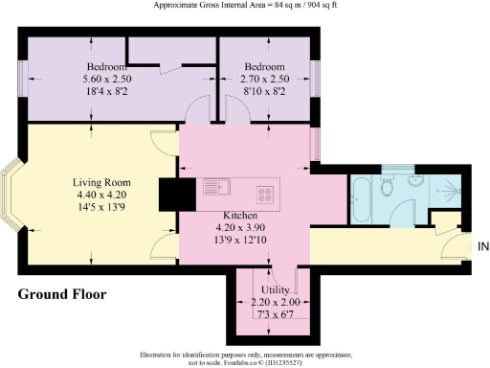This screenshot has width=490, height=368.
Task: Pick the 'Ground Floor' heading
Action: (62, 293)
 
